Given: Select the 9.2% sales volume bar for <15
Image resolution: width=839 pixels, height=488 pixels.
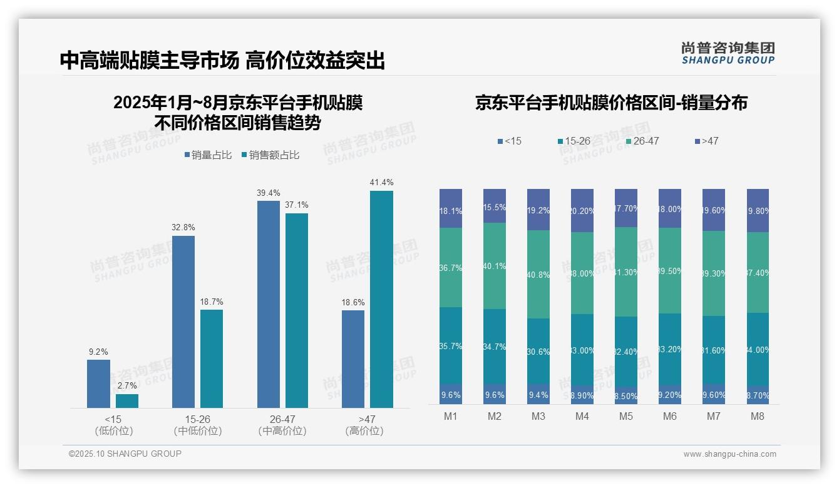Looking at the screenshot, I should (98, 384).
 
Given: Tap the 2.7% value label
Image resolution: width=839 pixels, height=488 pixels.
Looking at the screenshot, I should (127, 385).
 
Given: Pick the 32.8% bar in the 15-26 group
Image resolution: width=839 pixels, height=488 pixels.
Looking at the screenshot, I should (183, 322).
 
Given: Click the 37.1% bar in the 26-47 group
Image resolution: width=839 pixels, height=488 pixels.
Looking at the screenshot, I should (297, 310).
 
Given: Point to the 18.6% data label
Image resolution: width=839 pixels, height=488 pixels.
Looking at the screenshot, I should (353, 302).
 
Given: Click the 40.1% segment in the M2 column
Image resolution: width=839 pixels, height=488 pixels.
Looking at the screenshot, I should (495, 266).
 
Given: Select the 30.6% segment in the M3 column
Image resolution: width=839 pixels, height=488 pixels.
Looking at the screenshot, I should (538, 352).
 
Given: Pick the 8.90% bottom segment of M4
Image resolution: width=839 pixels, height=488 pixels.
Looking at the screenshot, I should (582, 395).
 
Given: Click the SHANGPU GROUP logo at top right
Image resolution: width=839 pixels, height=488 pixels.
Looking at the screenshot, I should (728, 53).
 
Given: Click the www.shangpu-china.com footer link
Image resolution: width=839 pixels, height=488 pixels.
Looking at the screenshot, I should (729, 454).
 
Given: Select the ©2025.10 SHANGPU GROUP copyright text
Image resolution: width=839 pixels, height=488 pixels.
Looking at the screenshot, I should (125, 454).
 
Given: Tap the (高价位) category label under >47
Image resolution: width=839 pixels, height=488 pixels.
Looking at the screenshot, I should (364, 431).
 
